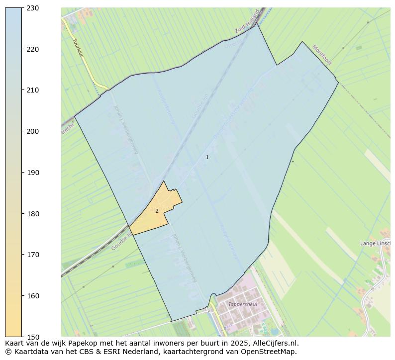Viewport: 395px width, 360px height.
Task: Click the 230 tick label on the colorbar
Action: click(x=33, y=8)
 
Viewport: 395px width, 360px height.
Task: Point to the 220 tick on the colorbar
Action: click(x=33, y=49)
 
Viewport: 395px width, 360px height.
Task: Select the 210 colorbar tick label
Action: click(x=33, y=90)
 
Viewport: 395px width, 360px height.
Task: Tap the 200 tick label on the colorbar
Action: click(x=33, y=131)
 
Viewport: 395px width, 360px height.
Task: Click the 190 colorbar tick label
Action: click(x=33, y=173)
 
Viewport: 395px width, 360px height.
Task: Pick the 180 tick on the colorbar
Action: click(x=33, y=214)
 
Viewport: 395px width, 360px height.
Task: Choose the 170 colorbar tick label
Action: click(x=33, y=255)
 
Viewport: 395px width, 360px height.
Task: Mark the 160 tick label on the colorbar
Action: click(x=33, y=296)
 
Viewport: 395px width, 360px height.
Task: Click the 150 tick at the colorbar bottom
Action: click(x=33, y=337)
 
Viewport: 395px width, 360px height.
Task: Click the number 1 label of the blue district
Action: click(x=207, y=158)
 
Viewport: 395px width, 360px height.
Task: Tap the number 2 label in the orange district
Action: click(x=157, y=211)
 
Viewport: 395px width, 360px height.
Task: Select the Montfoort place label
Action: click(x=322, y=55)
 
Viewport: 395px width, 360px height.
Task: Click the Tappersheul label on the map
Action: click(x=242, y=304)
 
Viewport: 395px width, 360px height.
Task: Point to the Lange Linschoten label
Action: click(x=377, y=243)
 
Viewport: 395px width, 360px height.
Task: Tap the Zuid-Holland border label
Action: click(x=247, y=22)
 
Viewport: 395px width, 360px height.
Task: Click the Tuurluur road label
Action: click(x=80, y=48)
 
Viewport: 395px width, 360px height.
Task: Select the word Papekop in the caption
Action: click(x=83, y=343)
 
